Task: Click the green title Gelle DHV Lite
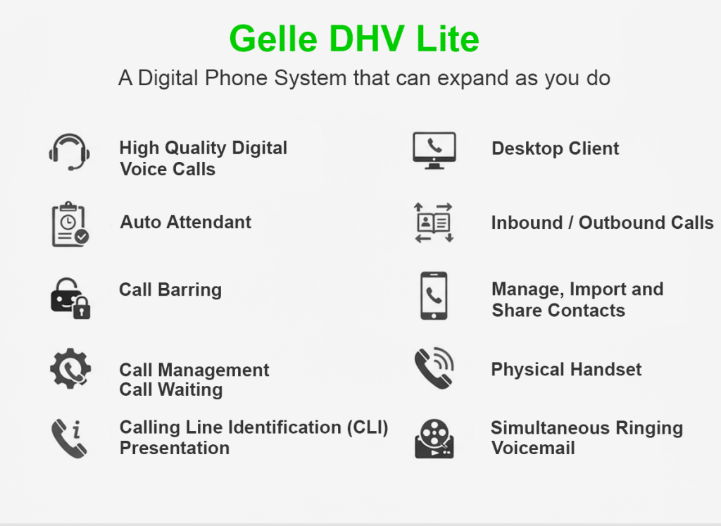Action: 354,39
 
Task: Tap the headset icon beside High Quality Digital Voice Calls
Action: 70,151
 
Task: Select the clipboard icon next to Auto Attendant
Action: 70,224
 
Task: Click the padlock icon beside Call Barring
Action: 70,297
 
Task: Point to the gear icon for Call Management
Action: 70,369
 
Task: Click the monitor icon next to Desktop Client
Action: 434,149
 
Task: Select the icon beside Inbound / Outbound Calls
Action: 434,223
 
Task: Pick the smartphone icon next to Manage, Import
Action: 434,296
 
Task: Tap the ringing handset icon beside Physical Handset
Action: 434,368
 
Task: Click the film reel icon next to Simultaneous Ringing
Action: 434,439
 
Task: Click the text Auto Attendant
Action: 186,223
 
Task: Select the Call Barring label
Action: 170,290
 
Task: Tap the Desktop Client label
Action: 556,149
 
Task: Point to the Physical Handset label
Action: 566,370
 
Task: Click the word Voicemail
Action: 533,449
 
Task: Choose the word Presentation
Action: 175,449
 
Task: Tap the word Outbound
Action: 610,223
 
